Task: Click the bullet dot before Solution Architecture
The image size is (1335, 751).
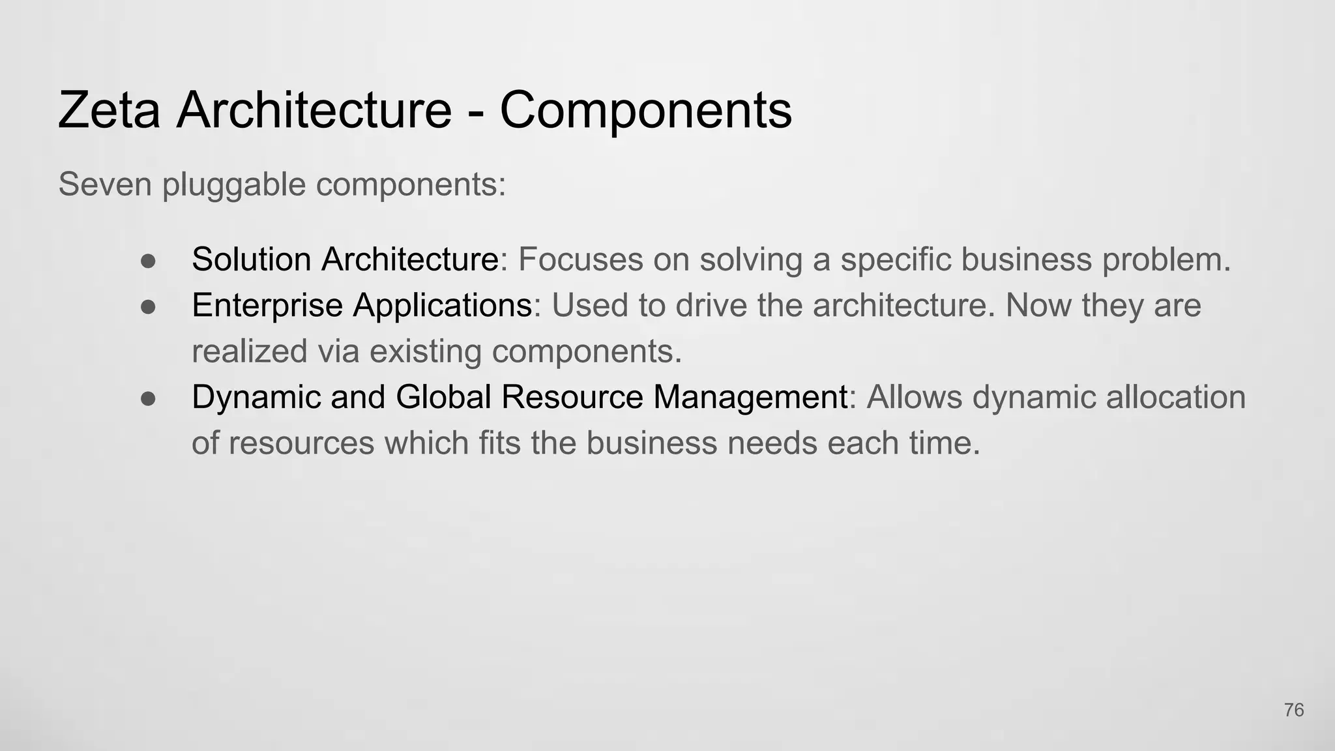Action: (x=148, y=261)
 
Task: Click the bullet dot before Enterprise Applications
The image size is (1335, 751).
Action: (x=148, y=306)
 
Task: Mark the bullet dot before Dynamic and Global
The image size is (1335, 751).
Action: (x=148, y=398)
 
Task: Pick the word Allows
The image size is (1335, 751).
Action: (x=914, y=397)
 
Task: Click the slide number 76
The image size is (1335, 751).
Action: (x=1294, y=710)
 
